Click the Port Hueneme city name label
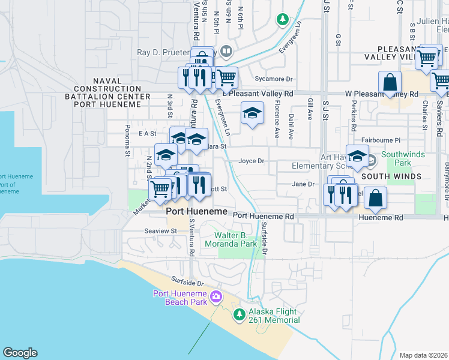pos(197,212)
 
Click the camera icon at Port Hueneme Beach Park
pos(216,296)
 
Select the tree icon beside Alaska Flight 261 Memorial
pos(239,314)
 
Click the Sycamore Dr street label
pos(273,79)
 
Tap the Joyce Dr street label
pos(252,161)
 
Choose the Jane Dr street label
pos(303,184)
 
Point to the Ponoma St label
pos(128,140)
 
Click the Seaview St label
pos(158,230)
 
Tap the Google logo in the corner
pos(20,353)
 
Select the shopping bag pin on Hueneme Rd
pos(375,198)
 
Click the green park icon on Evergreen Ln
pos(282,20)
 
